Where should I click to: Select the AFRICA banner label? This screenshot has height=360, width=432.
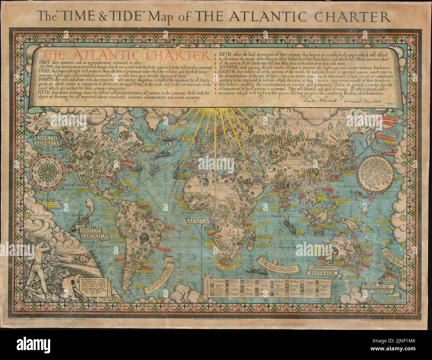tap(198, 221)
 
